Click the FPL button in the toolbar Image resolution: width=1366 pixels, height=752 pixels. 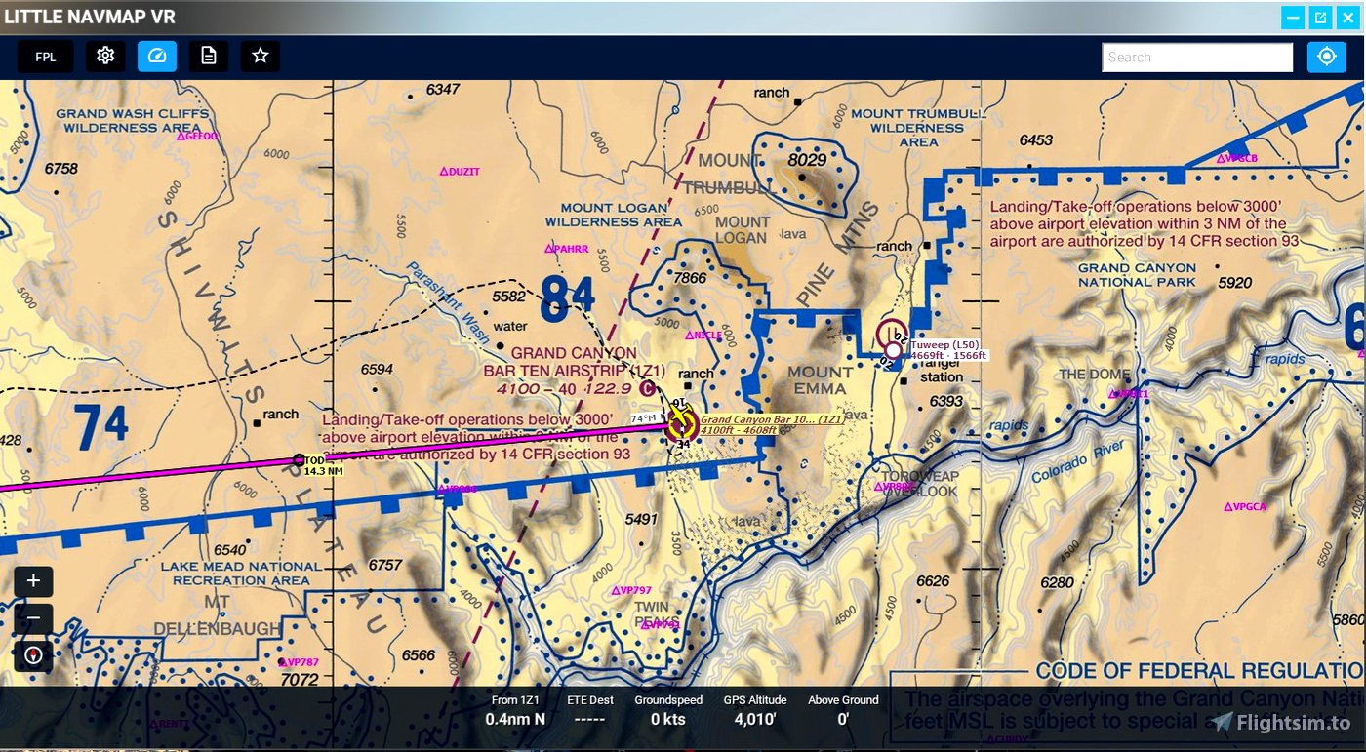pos(45,57)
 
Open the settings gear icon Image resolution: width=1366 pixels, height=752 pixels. pos(105,57)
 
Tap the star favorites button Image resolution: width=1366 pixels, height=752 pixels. pos(260,57)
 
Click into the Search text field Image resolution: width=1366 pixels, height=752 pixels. pos(1197,58)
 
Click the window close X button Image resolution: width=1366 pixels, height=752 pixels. pos(1347,18)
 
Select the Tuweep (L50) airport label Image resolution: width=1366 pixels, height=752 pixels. pos(944,344)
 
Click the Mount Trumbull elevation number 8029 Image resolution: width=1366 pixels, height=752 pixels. pos(807,160)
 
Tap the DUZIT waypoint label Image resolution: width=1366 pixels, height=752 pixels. pos(463,172)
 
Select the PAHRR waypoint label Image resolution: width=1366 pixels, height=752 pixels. pos(570,249)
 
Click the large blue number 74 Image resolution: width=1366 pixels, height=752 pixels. pos(100,425)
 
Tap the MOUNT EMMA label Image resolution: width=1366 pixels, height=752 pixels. pos(821,380)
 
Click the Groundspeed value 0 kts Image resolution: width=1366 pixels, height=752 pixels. pos(667,720)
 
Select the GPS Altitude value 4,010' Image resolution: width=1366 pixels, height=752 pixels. pos(754,720)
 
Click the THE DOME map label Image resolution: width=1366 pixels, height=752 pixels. pos(1092,375)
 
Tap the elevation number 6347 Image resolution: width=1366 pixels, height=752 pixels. pos(442,90)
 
